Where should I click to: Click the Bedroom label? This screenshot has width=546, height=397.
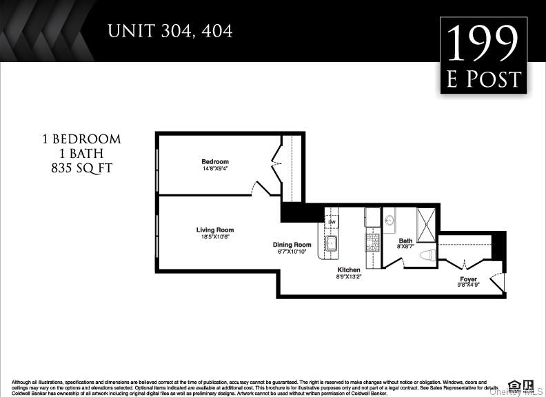pyautogui.click(x=215, y=162)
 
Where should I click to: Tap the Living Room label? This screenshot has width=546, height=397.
pyautogui.click(x=215, y=230)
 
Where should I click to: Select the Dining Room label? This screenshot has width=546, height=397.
pyautogui.click(x=292, y=245)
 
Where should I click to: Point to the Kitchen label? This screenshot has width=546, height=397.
pyautogui.click(x=349, y=269)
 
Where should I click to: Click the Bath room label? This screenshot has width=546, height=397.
pyautogui.click(x=405, y=241)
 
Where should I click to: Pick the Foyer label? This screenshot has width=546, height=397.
pyautogui.click(x=469, y=279)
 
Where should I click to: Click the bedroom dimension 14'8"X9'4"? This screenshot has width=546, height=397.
pyautogui.click(x=215, y=169)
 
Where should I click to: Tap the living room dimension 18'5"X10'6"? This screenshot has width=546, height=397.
pyautogui.click(x=215, y=237)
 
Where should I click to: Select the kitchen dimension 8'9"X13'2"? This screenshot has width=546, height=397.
pyautogui.click(x=349, y=276)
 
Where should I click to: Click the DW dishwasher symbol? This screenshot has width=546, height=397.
pyautogui.click(x=332, y=222)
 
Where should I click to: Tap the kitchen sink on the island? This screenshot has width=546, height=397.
pyautogui.click(x=332, y=243)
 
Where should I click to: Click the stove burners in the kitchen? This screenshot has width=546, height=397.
pyautogui.click(x=372, y=242)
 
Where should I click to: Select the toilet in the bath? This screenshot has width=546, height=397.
pyautogui.click(x=427, y=255)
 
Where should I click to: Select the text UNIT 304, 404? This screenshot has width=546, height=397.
pyautogui.click(x=170, y=31)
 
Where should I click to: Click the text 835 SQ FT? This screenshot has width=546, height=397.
pyautogui.click(x=81, y=167)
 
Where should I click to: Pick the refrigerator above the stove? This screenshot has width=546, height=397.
pyautogui.click(x=372, y=217)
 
